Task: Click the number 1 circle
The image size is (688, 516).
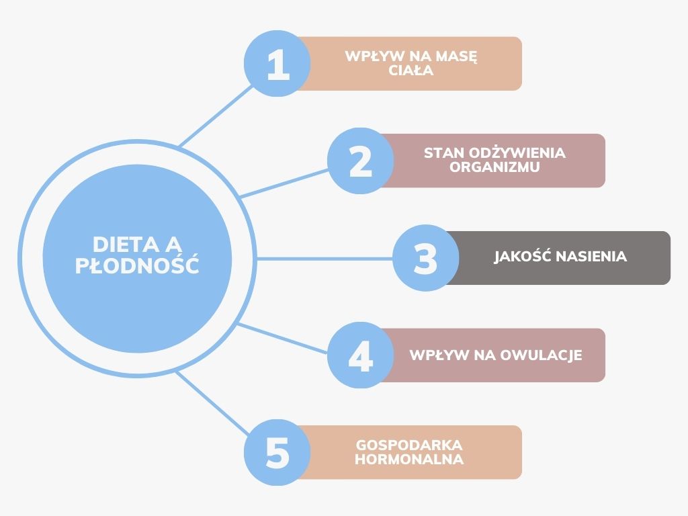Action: (277, 64)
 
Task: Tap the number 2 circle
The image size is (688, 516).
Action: (361, 161)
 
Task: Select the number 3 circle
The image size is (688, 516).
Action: (425, 258)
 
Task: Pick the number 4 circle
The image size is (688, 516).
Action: (361, 355)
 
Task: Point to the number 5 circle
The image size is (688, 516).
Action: (277, 452)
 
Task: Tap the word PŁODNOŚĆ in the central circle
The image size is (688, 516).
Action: (137, 265)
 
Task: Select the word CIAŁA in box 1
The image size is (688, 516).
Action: (411, 71)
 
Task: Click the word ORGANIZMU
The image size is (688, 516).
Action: (494, 168)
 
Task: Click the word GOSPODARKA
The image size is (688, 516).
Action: (409, 445)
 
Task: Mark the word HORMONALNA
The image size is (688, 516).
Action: (409, 460)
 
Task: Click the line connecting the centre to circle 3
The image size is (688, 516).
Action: (322, 258)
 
